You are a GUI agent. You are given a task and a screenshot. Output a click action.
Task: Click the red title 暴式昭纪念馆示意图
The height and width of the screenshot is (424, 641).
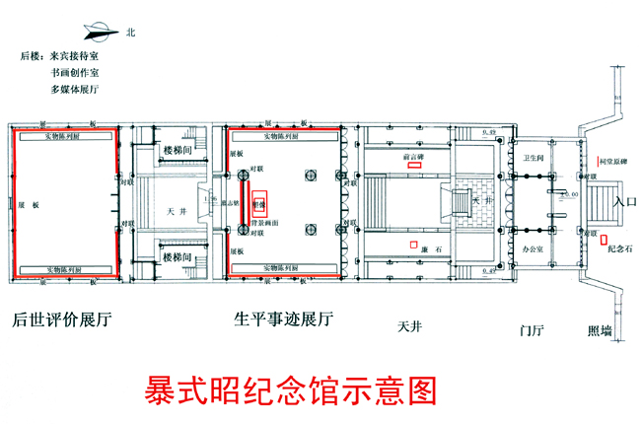tap(290, 389)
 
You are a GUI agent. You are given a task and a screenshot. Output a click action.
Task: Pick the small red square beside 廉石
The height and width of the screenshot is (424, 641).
tap(414, 244)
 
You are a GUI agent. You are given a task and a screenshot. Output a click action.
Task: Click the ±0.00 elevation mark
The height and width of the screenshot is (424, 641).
tap(567, 194)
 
